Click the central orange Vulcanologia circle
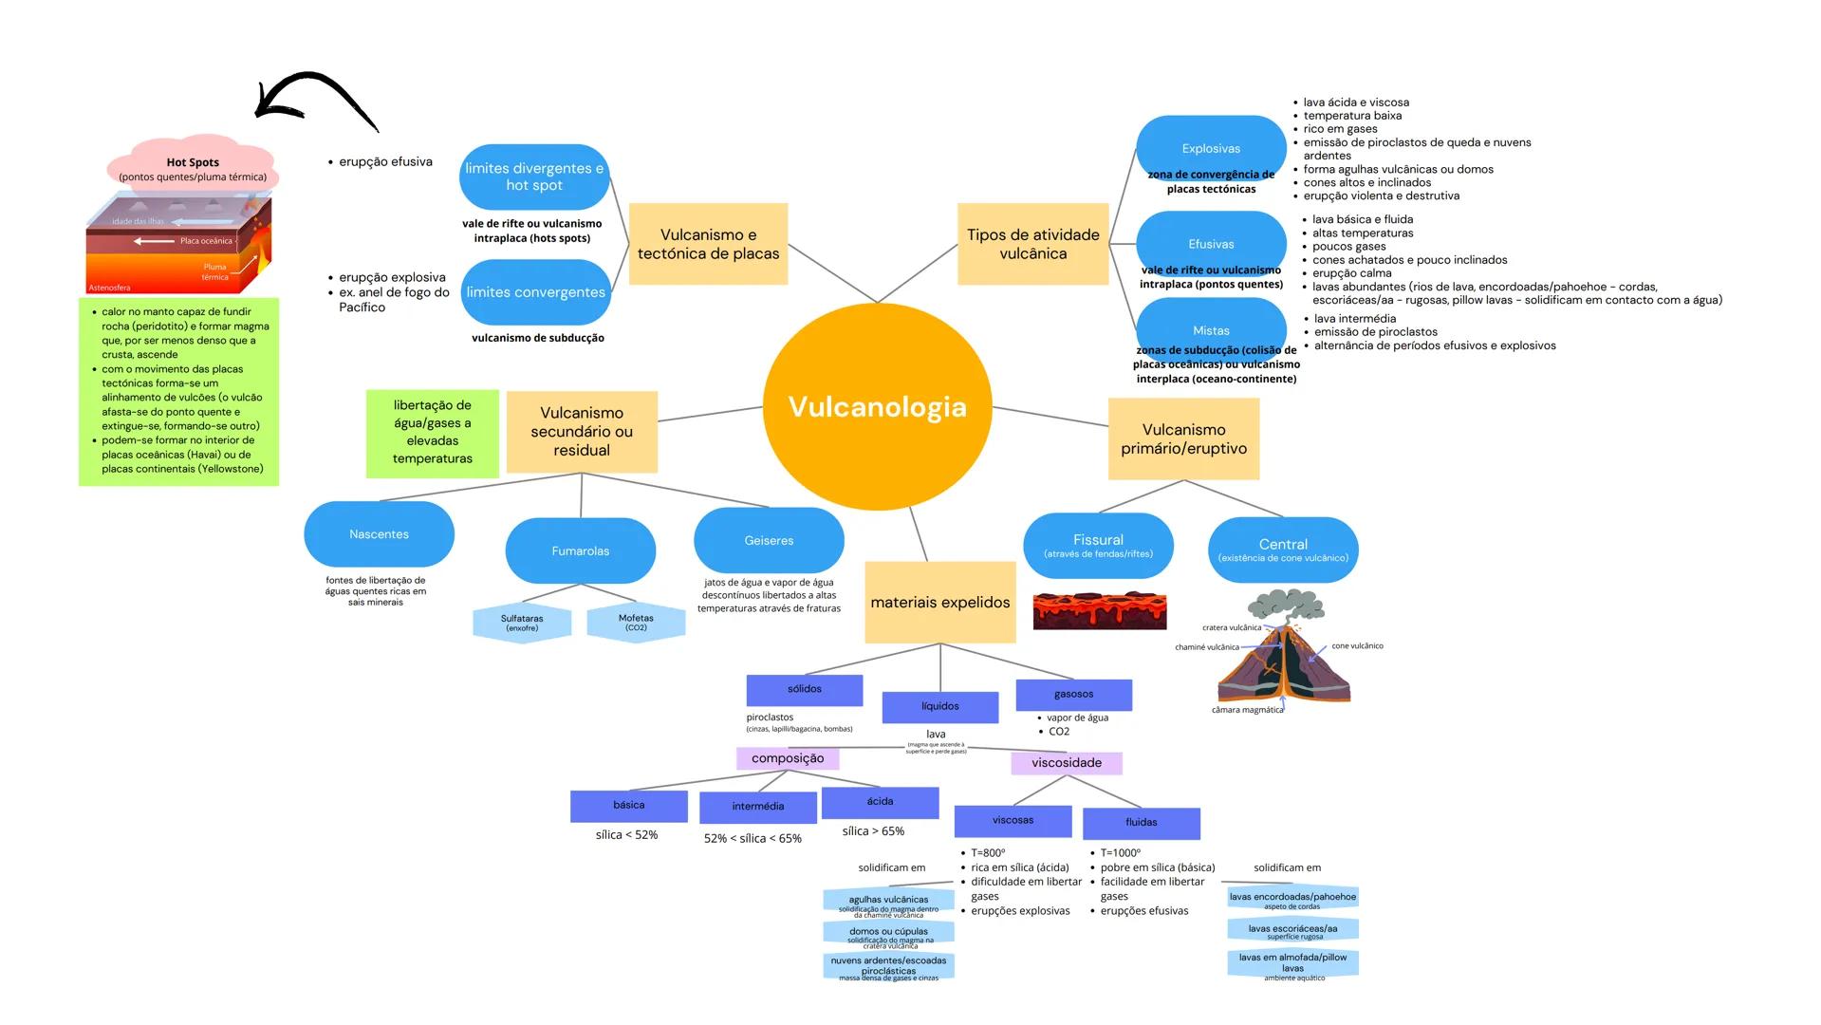877,407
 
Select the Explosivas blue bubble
1211,148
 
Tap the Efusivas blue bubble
1211,244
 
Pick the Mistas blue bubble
1211,329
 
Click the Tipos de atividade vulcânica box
1032,244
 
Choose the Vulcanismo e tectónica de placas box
708,244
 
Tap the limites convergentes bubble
535,292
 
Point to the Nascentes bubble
379,534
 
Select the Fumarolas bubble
580,550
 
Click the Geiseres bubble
769,540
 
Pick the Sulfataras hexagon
522,623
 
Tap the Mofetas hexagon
636,623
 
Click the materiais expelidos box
939,602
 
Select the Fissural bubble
1098,545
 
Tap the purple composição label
788,758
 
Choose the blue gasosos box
1073,694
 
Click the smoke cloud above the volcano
1286,606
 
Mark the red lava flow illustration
1099,611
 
